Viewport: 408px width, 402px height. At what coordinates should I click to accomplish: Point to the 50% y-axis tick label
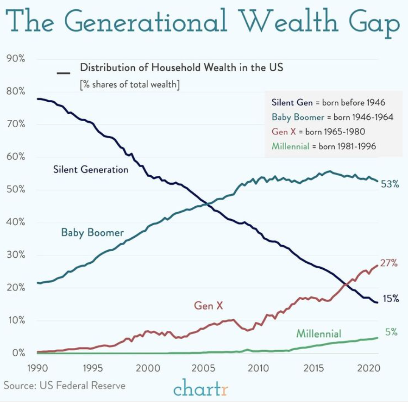pos(16,190)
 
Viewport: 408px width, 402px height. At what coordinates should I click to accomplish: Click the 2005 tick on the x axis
pos(202,368)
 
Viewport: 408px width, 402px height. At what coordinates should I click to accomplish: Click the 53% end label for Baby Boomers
pos(389,184)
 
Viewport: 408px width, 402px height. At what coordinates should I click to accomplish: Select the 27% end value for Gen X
pos(389,263)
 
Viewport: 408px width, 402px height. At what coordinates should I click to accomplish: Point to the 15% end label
pos(390,298)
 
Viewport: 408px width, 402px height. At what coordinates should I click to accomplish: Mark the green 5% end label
pos(391,332)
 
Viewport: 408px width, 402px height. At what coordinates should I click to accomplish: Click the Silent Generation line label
pos(91,169)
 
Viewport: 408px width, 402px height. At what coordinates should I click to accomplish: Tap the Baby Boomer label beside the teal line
pos(93,232)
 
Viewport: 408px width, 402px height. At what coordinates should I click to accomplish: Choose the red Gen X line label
pos(208,305)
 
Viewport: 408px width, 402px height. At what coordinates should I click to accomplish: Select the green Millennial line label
pos(319,334)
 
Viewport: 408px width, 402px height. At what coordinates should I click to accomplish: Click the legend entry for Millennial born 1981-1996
pos(324,146)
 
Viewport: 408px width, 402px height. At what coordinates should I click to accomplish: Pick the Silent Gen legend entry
pos(328,102)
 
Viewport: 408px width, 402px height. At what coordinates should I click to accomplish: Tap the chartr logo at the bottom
pos(201,388)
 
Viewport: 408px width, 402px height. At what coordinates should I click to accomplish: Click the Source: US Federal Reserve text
pos(64,385)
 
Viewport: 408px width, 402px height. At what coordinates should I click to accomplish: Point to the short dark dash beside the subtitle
pos(63,73)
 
